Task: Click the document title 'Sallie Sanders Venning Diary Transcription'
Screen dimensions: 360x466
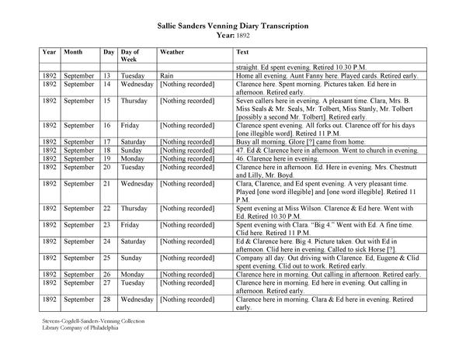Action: point(232,26)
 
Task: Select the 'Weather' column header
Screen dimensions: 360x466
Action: point(172,52)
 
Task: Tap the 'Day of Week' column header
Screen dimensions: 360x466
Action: point(130,56)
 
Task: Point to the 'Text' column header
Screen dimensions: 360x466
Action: point(242,52)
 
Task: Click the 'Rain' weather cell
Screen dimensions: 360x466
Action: point(165,76)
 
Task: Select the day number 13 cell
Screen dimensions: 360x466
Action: point(108,76)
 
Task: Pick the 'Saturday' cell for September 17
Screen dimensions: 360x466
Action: point(134,142)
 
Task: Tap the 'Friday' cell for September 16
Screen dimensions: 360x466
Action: point(130,123)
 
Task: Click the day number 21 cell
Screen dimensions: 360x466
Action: point(108,184)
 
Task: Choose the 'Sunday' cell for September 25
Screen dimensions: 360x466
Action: point(131,256)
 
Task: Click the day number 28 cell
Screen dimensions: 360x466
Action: point(108,298)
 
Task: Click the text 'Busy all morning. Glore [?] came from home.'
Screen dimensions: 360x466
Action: point(296,142)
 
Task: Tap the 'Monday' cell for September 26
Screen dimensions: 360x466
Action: point(133,275)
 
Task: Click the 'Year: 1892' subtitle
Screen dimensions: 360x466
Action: point(232,36)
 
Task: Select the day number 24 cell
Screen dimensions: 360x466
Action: point(108,241)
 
